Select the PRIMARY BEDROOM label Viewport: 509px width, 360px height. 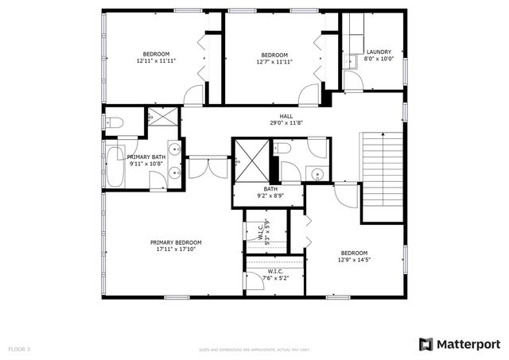coord(177,242)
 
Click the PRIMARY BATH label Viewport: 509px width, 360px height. coord(146,157)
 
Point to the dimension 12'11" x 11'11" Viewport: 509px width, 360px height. coord(156,60)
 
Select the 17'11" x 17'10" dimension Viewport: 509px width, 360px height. coord(176,249)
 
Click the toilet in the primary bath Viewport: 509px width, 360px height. coord(115,123)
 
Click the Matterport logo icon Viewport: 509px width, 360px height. coord(426,344)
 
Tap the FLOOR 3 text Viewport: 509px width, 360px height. coord(19,349)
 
